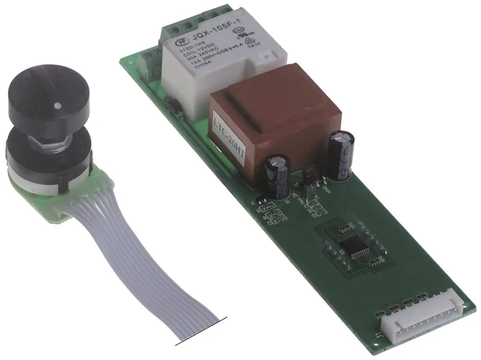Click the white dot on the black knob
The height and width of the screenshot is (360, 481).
(57, 105)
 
